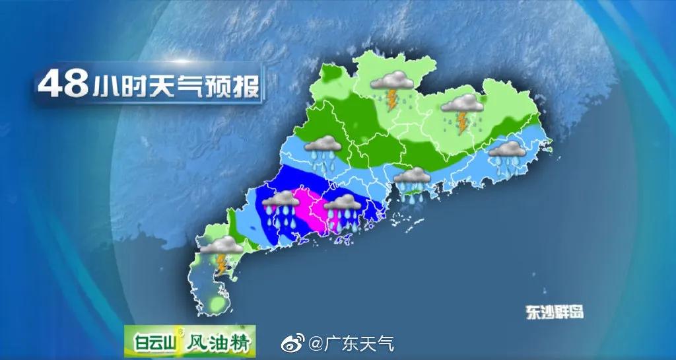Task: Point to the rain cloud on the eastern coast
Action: pos(507,156)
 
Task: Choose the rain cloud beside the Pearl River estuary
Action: pos(413,181)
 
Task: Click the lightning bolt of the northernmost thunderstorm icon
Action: pos(393,100)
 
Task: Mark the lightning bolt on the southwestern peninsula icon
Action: pos(221,264)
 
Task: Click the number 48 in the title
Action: pos(63,85)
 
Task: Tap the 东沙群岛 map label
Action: pos(555,312)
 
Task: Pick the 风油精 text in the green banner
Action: pos(217,343)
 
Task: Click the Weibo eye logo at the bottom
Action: pos(292,343)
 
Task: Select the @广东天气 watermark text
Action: pos(351,343)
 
